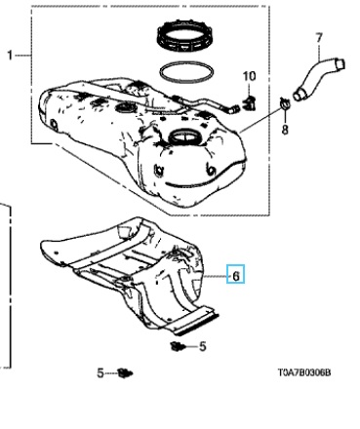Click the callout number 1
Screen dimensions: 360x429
click(x=10, y=56)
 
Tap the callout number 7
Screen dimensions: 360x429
click(x=319, y=38)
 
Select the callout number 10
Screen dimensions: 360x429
click(x=250, y=76)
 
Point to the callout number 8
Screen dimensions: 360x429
click(x=285, y=130)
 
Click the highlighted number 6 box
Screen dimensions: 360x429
click(x=235, y=274)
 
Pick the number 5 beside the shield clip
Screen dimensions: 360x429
click(x=203, y=346)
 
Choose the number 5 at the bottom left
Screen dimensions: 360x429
click(x=100, y=372)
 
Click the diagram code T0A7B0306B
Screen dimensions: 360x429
click(x=304, y=372)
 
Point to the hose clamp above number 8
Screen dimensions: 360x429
click(x=285, y=103)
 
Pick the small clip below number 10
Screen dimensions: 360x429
click(x=249, y=102)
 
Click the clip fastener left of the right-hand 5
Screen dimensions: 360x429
click(x=178, y=346)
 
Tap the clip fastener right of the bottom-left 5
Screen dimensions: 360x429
click(x=126, y=372)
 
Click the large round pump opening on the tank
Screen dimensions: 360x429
click(x=184, y=137)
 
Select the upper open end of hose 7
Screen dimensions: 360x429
click(x=340, y=63)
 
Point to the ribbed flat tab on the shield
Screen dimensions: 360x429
click(x=195, y=320)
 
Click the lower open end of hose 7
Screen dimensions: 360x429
click(x=300, y=94)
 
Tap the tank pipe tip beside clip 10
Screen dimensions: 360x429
click(x=231, y=109)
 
